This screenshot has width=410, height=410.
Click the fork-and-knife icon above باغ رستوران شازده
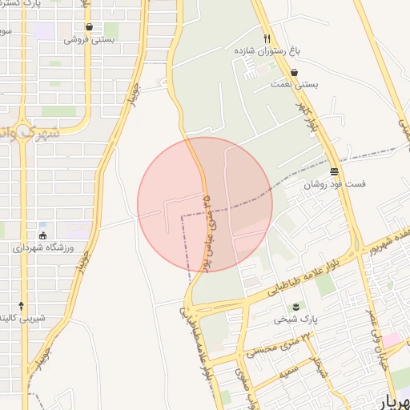click(267, 38)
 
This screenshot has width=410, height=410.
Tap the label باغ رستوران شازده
click(266, 50)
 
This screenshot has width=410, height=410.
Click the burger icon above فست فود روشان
click(334, 171)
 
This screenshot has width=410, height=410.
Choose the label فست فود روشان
click(334, 183)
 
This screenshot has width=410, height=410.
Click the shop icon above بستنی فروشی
click(89, 26)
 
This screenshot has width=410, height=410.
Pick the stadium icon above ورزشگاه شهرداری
click(42, 235)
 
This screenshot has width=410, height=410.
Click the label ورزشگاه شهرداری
click(42, 247)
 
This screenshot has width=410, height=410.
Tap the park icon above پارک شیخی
click(296, 307)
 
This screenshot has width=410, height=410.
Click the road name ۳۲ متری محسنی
click(271, 348)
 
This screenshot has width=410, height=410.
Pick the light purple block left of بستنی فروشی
click(45, 31)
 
